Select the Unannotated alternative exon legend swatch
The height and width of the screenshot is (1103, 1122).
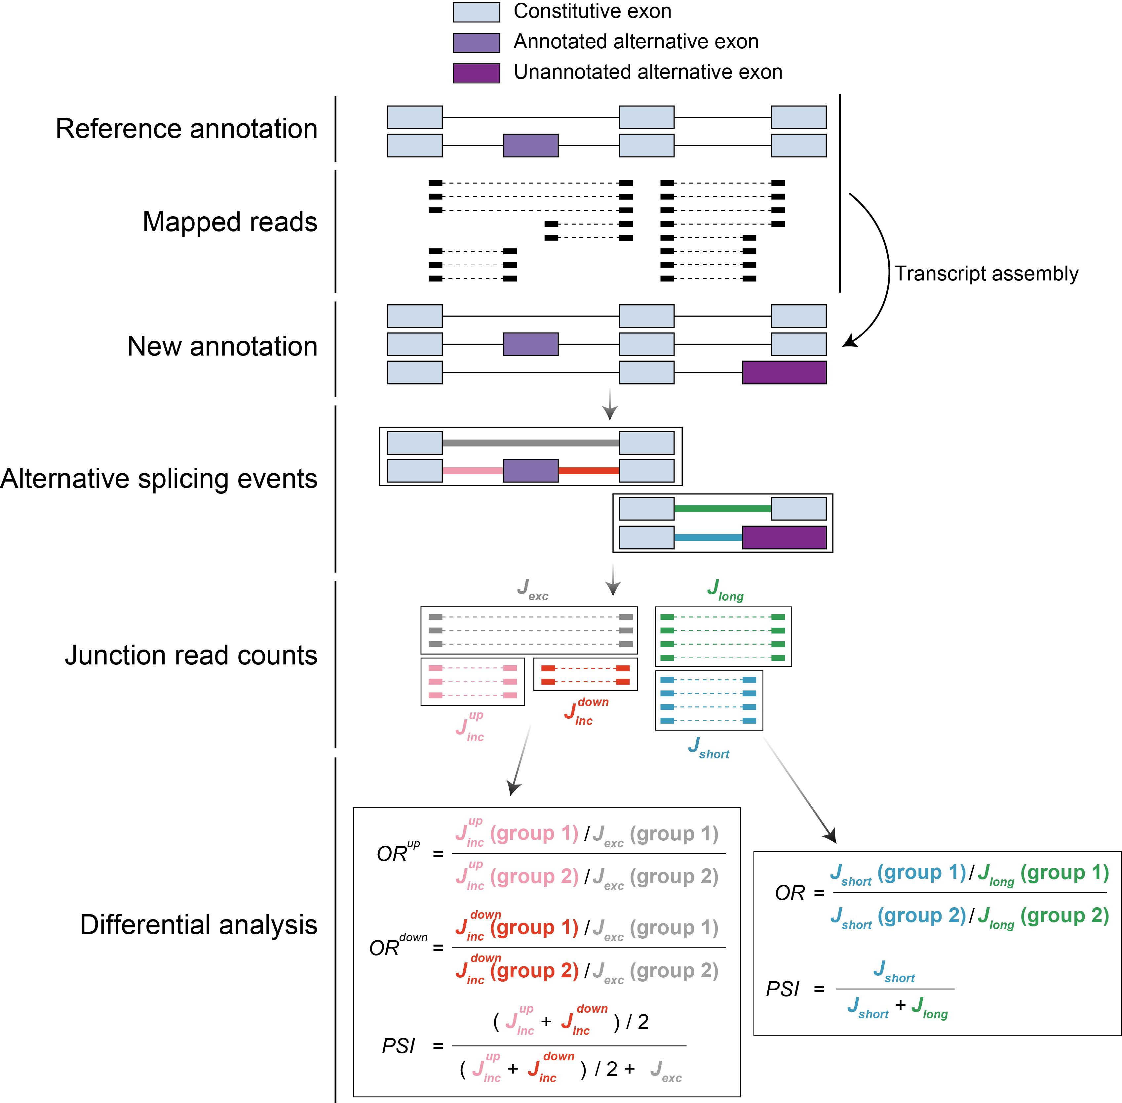point(476,73)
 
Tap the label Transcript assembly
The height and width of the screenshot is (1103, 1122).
point(986,274)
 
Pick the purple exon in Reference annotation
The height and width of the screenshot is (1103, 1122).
point(530,146)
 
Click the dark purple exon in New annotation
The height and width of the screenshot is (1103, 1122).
point(784,372)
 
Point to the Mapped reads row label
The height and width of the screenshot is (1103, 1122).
point(230,222)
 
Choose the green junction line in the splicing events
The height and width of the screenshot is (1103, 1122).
point(722,509)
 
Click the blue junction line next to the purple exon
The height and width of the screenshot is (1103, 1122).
point(708,537)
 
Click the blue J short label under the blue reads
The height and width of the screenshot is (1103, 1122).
point(708,747)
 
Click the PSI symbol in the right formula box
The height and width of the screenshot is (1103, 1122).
point(783,989)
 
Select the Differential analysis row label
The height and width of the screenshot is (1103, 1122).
point(199,925)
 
